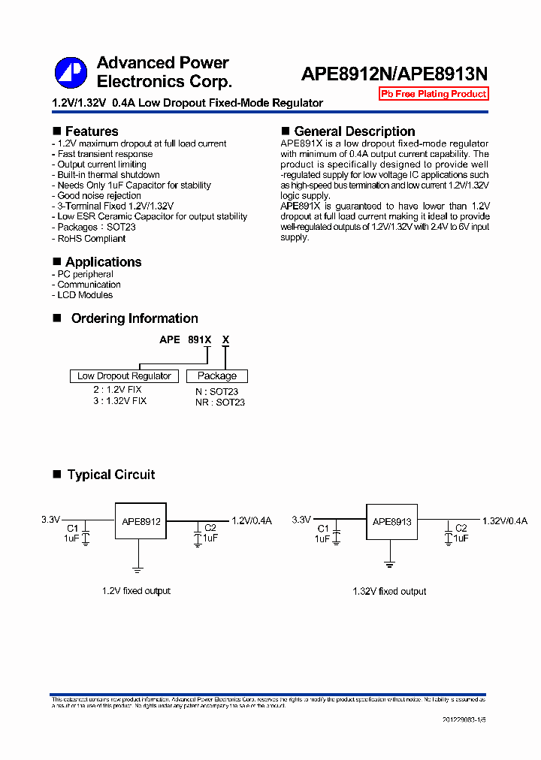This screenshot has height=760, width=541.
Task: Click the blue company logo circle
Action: click(x=71, y=73)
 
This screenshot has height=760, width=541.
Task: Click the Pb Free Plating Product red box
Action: click(x=434, y=94)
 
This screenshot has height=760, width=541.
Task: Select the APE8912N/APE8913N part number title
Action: click(x=394, y=74)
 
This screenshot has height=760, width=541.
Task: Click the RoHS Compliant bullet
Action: click(x=92, y=239)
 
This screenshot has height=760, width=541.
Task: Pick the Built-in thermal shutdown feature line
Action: click(x=108, y=175)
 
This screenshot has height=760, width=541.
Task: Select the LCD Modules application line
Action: click(x=85, y=295)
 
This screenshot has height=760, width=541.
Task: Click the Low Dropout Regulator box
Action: click(x=124, y=376)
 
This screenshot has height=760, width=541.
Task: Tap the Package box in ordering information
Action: click(x=217, y=376)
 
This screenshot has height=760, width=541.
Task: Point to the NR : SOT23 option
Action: click(x=220, y=403)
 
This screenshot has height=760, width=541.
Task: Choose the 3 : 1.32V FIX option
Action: click(x=120, y=401)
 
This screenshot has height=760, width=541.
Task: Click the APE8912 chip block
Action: click(x=139, y=521)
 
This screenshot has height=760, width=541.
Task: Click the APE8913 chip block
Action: click(x=391, y=521)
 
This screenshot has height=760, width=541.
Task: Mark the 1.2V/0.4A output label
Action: click(x=252, y=520)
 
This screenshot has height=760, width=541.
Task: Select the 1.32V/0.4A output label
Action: click(x=505, y=520)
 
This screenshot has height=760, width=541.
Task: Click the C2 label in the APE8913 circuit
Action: click(x=461, y=529)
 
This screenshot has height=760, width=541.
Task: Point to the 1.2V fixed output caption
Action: click(x=136, y=591)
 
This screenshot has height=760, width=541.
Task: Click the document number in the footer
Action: click(x=464, y=719)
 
